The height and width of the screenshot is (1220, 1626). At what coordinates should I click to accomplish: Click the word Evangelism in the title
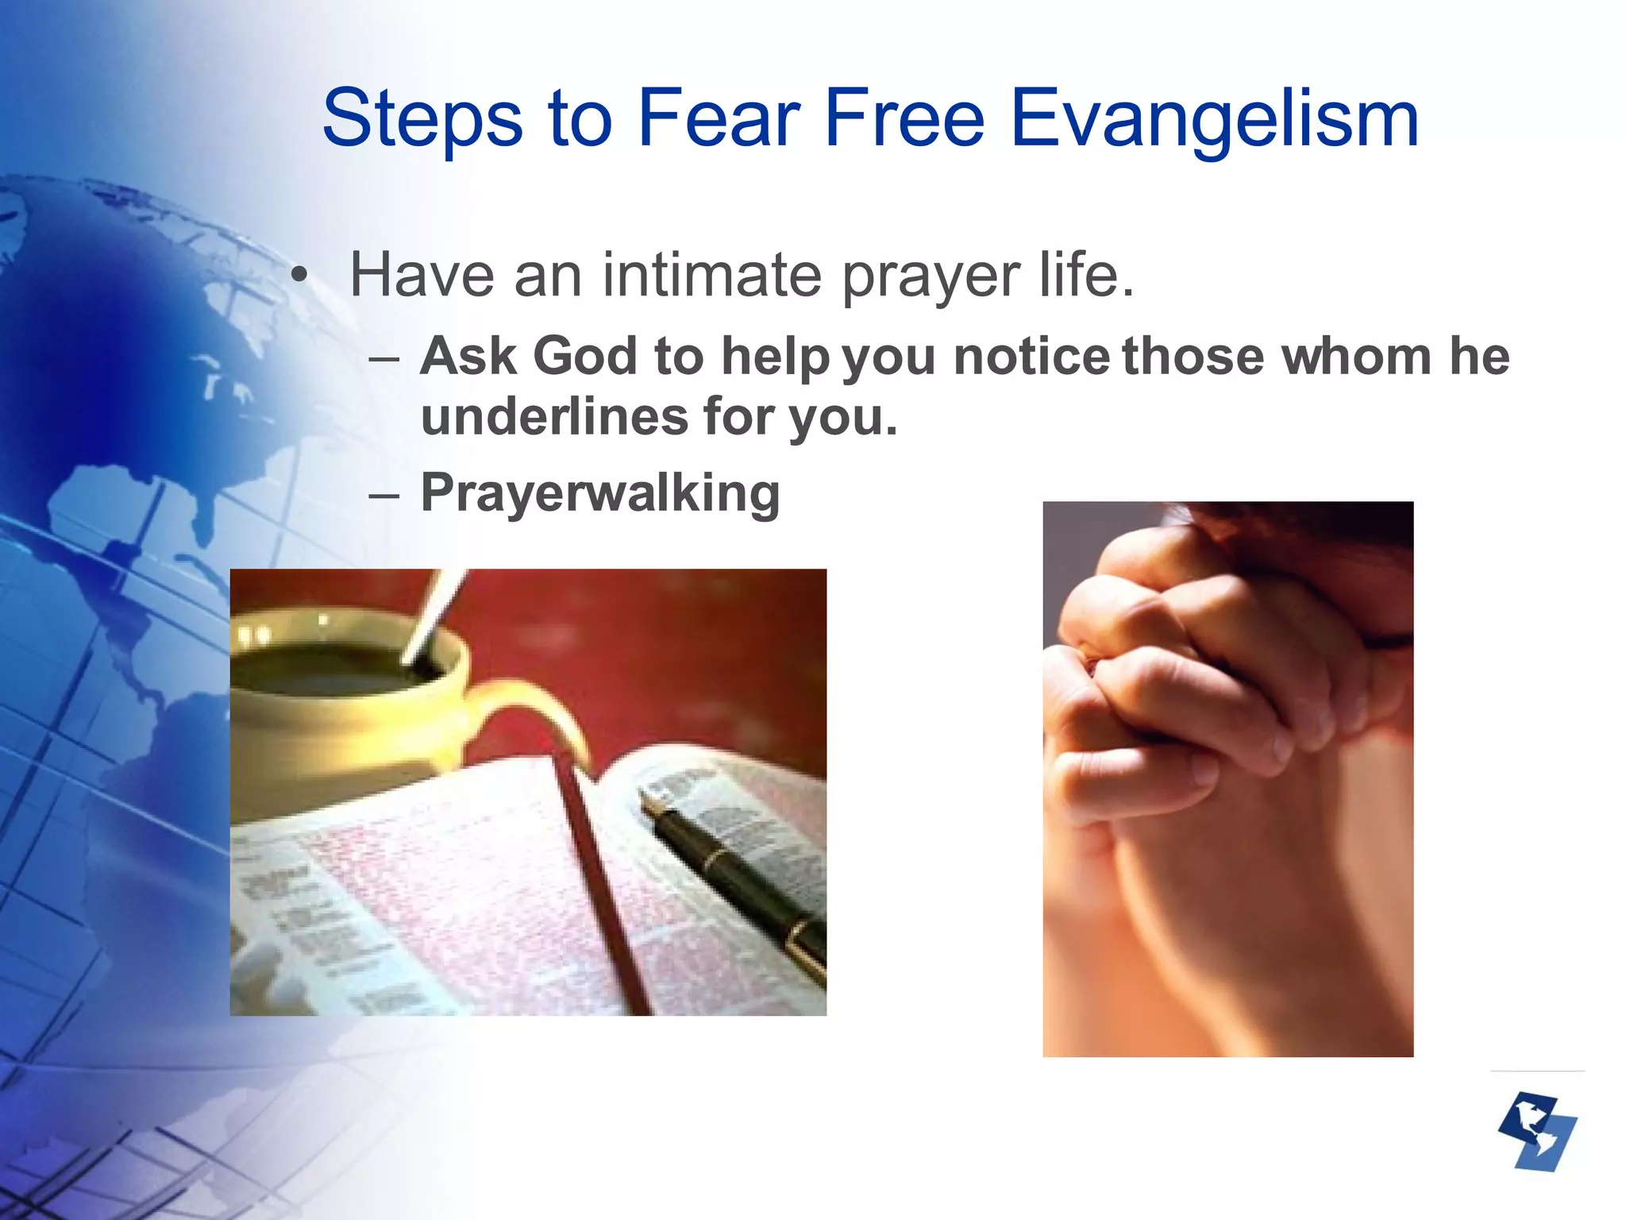1214,119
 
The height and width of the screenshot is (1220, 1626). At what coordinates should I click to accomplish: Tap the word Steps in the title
422,119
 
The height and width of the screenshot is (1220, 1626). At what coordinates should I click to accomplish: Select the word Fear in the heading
718,119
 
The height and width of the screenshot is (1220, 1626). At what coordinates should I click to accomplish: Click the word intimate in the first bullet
711,275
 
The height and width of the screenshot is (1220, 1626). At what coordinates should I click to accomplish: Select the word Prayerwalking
600,493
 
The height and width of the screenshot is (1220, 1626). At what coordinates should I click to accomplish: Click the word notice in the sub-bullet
1031,355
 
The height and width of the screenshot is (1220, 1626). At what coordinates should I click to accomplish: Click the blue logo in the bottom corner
1536,1131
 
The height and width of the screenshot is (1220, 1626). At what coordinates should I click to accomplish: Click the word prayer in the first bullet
930,275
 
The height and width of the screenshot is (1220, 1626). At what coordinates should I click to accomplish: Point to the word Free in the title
904,119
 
